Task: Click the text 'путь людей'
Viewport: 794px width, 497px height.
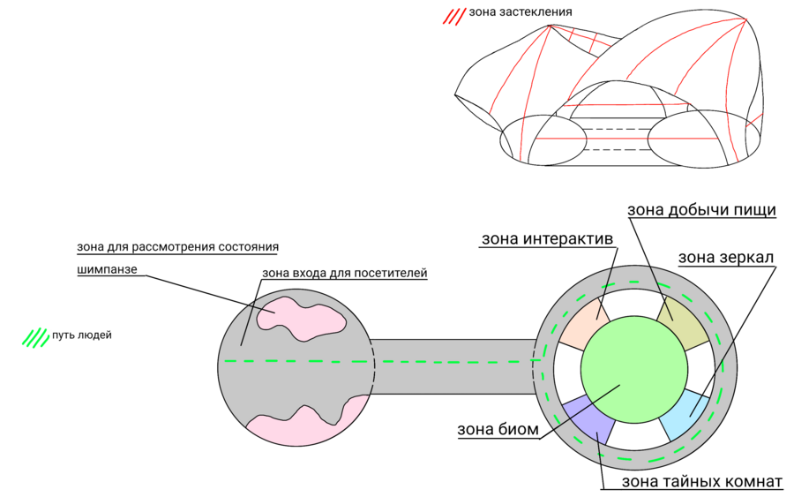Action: [x=82, y=335]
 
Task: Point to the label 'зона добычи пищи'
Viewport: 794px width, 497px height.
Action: [x=701, y=210]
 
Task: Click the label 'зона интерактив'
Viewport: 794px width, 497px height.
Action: [x=547, y=239]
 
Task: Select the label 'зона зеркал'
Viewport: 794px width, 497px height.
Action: [x=726, y=258]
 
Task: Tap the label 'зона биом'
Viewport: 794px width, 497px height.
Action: [x=493, y=431]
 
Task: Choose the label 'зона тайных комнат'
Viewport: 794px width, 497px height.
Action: [x=702, y=482]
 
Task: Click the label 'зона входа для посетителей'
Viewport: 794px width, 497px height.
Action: [x=345, y=273]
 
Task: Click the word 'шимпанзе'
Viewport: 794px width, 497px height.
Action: [x=107, y=269]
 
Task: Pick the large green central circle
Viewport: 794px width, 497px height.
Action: [x=633, y=370]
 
